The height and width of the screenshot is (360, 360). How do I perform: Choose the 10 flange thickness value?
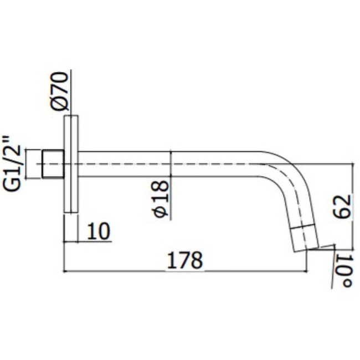99,230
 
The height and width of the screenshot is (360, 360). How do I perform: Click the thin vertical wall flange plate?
70,164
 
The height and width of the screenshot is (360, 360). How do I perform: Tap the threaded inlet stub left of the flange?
54,164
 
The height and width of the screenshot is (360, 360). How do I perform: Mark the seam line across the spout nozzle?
304,228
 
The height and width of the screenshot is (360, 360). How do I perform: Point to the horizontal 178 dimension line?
138,272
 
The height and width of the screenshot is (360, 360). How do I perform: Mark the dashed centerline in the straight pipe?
166,164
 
